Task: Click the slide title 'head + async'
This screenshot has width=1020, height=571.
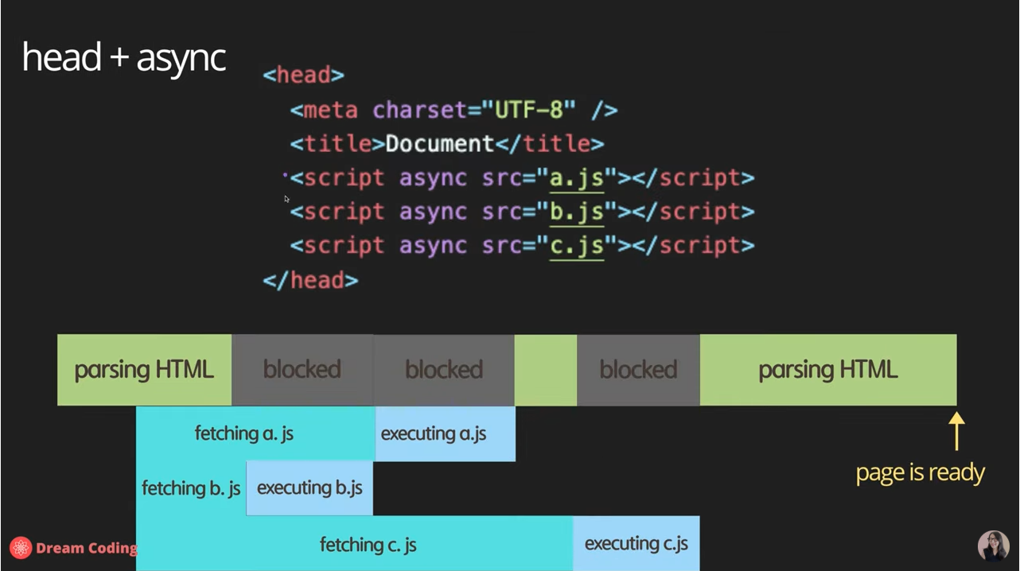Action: point(124,58)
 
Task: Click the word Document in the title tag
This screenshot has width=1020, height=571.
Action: point(439,144)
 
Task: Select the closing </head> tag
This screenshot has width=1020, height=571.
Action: point(310,280)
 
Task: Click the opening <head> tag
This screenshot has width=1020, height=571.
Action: point(303,76)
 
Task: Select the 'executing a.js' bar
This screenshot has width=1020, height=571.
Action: point(444,433)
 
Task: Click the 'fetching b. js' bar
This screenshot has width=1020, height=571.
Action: point(191,487)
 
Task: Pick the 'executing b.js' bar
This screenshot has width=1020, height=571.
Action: point(310,487)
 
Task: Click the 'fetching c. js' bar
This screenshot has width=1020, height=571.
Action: point(368,544)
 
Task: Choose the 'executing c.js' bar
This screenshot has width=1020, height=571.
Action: point(636,544)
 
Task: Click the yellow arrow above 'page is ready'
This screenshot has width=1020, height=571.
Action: point(956,430)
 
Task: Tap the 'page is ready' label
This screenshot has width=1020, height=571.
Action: point(920,472)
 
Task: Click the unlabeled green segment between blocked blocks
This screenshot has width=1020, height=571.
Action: point(545,370)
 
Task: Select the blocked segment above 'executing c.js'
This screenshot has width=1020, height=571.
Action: point(638,370)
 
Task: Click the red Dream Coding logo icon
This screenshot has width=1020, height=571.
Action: point(21,547)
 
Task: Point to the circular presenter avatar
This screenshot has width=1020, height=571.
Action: point(993,546)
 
